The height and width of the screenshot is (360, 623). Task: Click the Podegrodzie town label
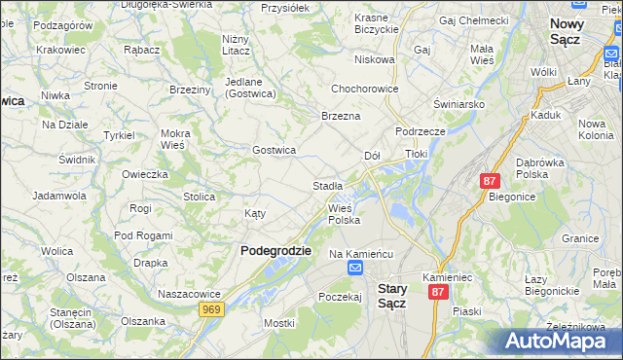pyautogui.click(x=275, y=250)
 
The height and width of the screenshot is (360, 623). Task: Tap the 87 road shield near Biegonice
pyautogui.click(x=490, y=181)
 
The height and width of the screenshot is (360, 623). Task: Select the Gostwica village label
pyautogui.click(x=274, y=150)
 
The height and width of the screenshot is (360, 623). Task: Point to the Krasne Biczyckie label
pyautogui.click(x=377, y=24)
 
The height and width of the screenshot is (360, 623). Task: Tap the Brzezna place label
pyautogui.click(x=341, y=116)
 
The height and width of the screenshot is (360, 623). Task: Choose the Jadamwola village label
pyautogui.click(x=59, y=196)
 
